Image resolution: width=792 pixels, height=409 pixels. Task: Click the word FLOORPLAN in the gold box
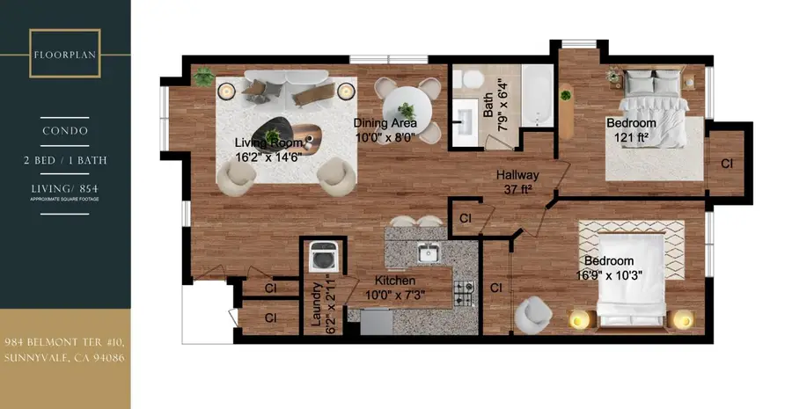(64, 53)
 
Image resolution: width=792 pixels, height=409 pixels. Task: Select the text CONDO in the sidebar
(64, 130)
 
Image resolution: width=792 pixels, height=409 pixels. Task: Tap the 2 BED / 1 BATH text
(64, 163)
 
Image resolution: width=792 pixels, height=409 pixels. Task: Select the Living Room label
(268, 142)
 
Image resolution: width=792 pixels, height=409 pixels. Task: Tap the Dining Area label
(385, 123)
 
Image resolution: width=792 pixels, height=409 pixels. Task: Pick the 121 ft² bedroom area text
(632, 137)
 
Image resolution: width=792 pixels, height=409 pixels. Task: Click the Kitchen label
(395, 280)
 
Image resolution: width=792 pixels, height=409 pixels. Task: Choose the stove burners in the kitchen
(464, 292)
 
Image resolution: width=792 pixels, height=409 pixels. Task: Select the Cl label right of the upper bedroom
(727, 164)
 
